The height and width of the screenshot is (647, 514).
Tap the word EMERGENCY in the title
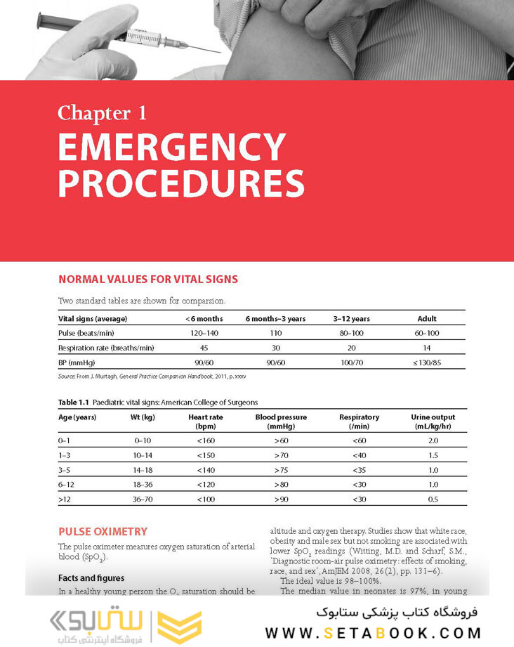click(171, 148)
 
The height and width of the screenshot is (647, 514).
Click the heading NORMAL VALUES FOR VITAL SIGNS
click(147, 280)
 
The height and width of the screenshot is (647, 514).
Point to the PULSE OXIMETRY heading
click(103, 532)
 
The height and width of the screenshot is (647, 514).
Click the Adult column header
click(427, 319)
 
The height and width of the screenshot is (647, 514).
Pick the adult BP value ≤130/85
click(427, 362)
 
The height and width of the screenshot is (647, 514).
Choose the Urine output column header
click(433, 421)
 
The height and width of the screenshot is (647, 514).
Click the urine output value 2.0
click(433, 440)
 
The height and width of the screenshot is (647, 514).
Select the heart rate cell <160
click(206, 440)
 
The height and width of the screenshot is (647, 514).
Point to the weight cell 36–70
click(144, 499)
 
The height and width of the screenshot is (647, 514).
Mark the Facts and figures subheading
click(91, 578)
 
